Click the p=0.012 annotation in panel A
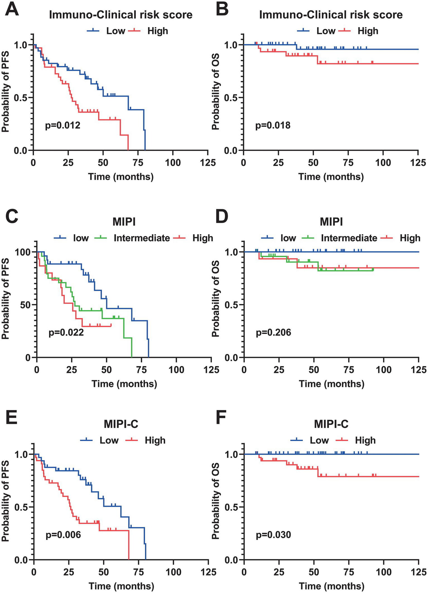point(63,125)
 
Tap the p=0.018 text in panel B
point(273,125)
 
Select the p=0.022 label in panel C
point(66,332)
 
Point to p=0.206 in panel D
point(274,332)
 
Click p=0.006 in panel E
point(63,535)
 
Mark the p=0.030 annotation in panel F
point(274,535)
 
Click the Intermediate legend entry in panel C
point(142,238)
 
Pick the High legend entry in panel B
point(368,31)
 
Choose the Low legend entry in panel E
point(109,440)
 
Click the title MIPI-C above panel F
point(331,424)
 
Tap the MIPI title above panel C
point(124,222)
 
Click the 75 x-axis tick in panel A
point(138,163)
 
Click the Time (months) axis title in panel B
point(331,177)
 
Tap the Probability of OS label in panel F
point(215,500)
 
